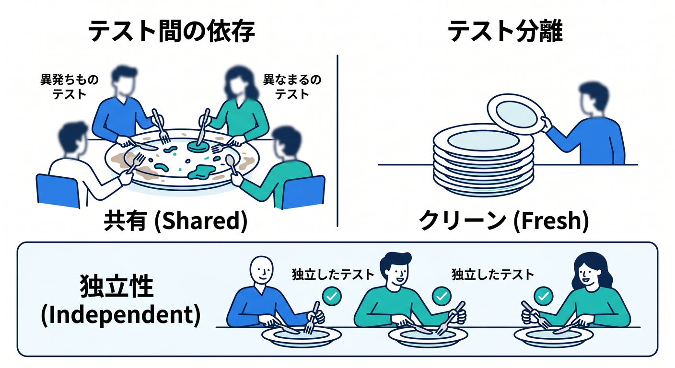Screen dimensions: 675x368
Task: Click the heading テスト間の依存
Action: (x=171, y=31)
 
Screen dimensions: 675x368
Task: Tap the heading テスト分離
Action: (x=505, y=31)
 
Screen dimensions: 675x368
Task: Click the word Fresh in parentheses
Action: (x=551, y=221)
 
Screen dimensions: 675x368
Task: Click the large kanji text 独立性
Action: (x=117, y=286)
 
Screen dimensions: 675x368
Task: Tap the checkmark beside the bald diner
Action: (x=332, y=296)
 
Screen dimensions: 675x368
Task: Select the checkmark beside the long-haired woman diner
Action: (x=543, y=296)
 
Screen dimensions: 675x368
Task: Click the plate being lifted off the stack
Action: (x=517, y=114)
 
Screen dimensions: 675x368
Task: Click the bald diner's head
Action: (x=262, y=270)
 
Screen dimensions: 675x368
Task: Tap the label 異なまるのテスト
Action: (x=292, y=87)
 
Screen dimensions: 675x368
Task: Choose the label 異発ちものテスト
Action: (x=70, y=87)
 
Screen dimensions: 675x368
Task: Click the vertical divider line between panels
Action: (x=337, y=140)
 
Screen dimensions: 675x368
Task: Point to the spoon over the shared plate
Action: (x=232, y=164)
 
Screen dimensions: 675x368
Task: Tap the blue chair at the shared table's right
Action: (x=303, y=192)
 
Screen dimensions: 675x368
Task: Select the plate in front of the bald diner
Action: (x=302, y=336)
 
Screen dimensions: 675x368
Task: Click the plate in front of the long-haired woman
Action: (x=554, y=336)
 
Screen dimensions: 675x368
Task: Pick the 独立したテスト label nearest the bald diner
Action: (x=333, y=275)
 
